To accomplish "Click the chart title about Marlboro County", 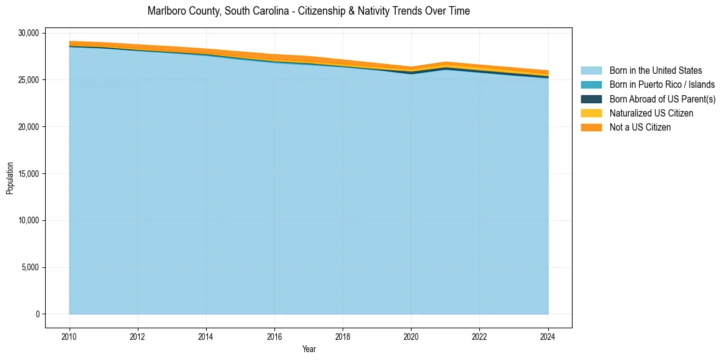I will (x=309, y=11).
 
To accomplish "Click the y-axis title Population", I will (x=10, y=178).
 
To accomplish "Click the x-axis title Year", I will (x=309, y=349).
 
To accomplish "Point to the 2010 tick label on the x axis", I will (x=70, y=336).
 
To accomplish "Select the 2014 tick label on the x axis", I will (x=206, y=336).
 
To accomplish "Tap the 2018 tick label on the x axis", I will (x=343, y=336).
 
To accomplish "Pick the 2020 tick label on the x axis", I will (x=411, y=336).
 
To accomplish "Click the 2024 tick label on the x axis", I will (x=548, y=336).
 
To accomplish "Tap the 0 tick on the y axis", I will (x=37, y=314).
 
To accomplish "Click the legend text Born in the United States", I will (x=655, y=71).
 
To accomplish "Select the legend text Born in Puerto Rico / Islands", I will (x=662, y=85).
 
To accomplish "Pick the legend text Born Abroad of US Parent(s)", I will (x=662, y=99).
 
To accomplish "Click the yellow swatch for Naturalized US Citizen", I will (x=591, y=113).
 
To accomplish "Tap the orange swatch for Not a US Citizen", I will (x=591, y=127).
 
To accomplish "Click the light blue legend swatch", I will (x=591, y=71).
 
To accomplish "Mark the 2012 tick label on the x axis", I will (x=138, y=336).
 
